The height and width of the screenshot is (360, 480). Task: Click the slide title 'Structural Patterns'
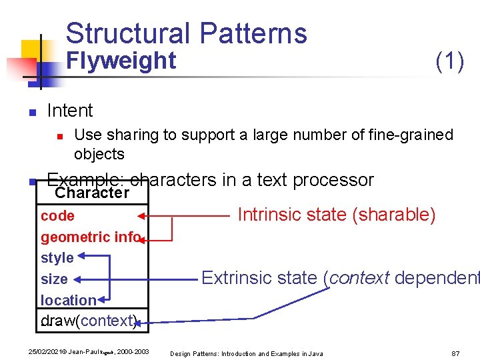point(187,33)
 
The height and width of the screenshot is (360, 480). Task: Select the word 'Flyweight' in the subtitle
point(122,61)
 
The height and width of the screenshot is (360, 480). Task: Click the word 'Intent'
point(70,111)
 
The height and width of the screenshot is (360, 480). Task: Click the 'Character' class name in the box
point(92,193)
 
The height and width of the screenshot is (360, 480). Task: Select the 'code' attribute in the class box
point(57,216)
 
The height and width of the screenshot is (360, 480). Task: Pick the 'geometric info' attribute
point(90,237)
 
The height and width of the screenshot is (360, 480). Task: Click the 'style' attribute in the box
point(57,258)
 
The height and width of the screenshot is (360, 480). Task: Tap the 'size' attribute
point(54,279)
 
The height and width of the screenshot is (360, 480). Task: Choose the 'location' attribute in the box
point(69,301)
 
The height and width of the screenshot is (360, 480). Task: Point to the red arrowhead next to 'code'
point(141,216)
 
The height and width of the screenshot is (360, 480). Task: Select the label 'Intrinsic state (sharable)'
point(337,215)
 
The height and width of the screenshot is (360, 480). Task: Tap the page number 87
point(455,353)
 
